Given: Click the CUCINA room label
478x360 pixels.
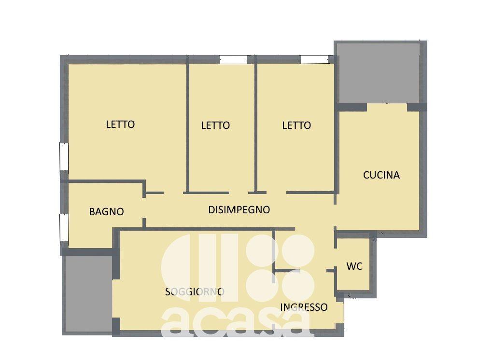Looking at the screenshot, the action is (381, 175).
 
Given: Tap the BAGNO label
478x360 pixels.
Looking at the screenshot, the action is (106, 212).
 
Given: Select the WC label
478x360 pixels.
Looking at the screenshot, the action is (354, 266).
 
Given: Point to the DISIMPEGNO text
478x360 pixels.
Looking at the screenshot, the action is (239, 209).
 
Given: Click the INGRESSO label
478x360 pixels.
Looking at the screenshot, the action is (304, 307).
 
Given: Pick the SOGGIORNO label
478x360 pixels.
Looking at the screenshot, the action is (195, 292).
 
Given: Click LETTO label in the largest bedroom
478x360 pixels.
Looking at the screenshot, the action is (120, 125).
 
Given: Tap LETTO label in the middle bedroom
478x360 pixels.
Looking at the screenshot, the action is (215, 125).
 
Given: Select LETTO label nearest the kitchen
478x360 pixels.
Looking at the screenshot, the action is (296, 125).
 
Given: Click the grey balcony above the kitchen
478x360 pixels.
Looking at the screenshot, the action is (378, 73).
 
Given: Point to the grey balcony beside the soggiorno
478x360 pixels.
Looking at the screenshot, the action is (88, 293).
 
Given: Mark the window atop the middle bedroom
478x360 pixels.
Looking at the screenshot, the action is (234, 59).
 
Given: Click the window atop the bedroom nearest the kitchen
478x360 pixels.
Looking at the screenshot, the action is (314, 59).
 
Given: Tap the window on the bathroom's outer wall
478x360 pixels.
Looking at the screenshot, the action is (64, 226).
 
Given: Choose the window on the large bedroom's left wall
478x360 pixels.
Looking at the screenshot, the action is (64, 156).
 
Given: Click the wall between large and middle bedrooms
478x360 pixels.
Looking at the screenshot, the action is (188, 125).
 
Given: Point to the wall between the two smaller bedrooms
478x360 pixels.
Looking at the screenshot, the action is (256, 125).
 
